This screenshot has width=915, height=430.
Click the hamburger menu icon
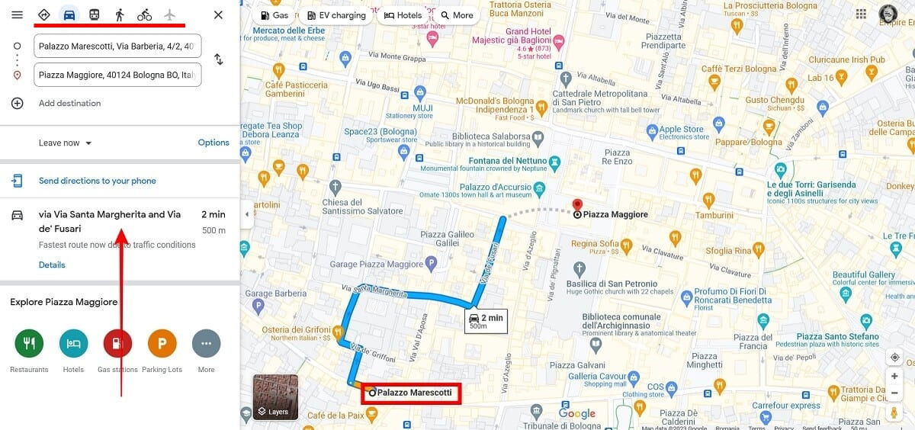[17, 15]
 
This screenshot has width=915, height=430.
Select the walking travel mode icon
[119, 15]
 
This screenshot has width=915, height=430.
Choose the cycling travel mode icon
[144, 15]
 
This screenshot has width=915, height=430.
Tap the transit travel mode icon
[94, 15]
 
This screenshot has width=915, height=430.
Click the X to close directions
[218, 15]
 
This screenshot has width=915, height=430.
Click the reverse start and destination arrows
[219, 59]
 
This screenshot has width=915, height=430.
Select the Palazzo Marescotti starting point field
[117, 46]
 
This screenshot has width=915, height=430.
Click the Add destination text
[69, 103]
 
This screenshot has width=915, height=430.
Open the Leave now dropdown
[66, 143]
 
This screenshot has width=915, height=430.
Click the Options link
[213, 143]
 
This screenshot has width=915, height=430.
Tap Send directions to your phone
[97, 181]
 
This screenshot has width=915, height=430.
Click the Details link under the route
[52, 265]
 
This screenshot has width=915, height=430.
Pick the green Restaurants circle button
[29, 343]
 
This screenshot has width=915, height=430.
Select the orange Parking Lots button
[162, 343]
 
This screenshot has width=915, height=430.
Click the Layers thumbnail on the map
[275, 396]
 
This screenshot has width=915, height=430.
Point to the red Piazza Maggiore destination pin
[577, 206]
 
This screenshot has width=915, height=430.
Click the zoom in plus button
[894, 376]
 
